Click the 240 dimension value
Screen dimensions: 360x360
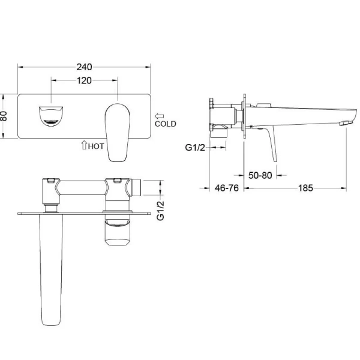tap(84, 67)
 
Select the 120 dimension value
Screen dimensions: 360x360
tap(84, 80)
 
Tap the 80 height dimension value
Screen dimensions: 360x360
tap(4, 116)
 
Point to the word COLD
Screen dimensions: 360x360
tap(166, 124)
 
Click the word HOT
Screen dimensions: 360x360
tap(96, 146)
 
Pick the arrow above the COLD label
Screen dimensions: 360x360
tap(160, 116)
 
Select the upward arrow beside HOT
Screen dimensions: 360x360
tap(84, 145)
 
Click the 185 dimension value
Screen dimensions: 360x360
tap(305, 188)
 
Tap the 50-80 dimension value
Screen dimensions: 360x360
tap(260, 175)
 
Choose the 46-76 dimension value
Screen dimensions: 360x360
tap(227, 188)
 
